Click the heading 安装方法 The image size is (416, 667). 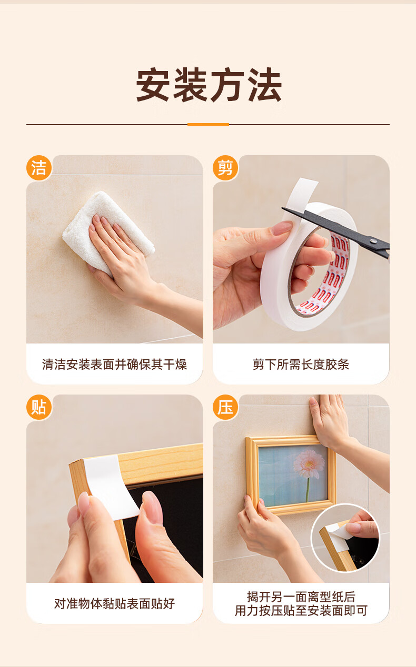tap(209, 85)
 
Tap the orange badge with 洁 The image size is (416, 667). tap(39, 168)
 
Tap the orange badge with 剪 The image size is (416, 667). tap(225, 168)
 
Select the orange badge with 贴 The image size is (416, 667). tap(39, 407)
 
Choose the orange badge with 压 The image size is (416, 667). tap(225, 407)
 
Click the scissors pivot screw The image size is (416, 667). tap(373, 240)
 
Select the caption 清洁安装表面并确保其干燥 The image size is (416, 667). tap(114, 364)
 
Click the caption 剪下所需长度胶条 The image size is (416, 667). tap(301, 364)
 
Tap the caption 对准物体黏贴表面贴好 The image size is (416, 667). tap(114, 603)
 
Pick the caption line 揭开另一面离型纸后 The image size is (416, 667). tap(301, 597)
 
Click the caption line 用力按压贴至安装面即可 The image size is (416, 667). tap(301, 611)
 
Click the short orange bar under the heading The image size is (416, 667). tap(208, 125)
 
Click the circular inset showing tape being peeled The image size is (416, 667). tap(345, 538)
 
